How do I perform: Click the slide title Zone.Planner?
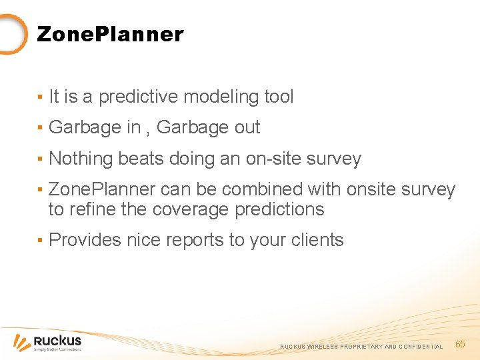tap(110, 34)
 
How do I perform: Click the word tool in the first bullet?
tap(279, 97)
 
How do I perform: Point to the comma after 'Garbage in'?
tap(148, 131)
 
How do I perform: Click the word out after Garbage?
tap(247, 128)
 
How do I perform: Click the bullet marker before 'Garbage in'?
tap(41, 128)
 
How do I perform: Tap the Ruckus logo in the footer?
tap(48, 341)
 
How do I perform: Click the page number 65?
tap(460, 344)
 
